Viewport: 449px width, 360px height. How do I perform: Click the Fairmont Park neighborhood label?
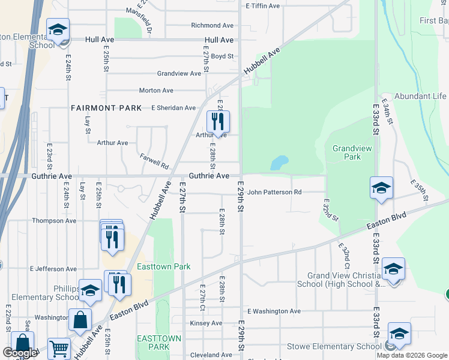[106, 108]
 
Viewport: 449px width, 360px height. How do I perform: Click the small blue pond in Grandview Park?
[279, 163]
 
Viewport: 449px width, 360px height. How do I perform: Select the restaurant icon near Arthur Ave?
[217, 122]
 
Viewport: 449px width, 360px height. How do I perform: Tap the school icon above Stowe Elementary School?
[399, 333]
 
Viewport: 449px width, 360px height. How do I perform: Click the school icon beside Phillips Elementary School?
[90, 290]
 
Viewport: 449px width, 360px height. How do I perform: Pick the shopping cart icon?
[59, 347]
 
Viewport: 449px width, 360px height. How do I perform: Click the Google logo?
[20, 353]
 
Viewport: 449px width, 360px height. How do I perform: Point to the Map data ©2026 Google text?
[411, 355]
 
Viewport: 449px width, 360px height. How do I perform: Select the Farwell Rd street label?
[154, 161]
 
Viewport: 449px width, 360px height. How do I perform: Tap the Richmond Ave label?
[212, 26]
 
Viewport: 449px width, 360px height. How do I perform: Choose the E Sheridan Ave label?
[173, 108]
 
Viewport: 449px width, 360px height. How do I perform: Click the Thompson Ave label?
[55, 221]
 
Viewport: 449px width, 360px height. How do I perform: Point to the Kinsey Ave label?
[206, 323]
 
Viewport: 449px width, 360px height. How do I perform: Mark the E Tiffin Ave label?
[263, 6]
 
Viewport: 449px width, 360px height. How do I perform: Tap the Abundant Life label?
[420, 96]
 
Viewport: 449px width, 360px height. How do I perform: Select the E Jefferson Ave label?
[53, 269]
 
